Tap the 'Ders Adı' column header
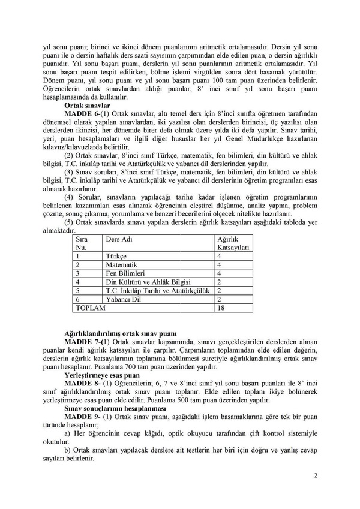118,239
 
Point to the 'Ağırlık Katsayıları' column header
233,243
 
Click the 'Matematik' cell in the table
121,264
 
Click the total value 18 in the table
221,308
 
